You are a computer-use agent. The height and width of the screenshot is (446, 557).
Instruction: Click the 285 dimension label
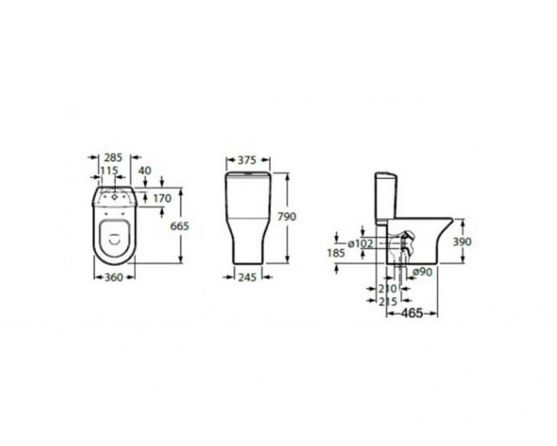[x=113, y=157]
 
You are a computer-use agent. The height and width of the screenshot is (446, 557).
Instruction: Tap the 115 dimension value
[x=109, y=170]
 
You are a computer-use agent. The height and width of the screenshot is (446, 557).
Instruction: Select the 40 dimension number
[x=145, y=170]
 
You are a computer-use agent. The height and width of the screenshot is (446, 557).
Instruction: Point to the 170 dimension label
[x=162, y=198]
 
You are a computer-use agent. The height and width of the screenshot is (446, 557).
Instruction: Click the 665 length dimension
[x=180, y=226]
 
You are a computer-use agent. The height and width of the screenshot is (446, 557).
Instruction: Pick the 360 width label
[x=114, y=277]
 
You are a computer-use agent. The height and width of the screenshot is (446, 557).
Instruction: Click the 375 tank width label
[x=246, y=161]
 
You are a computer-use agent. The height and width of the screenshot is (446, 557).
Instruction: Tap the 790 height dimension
[x=287, y=216]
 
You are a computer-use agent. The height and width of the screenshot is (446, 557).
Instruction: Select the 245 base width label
[x=247, y=277]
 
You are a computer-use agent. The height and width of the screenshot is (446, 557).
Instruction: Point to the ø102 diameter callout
[x=361, y=243]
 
